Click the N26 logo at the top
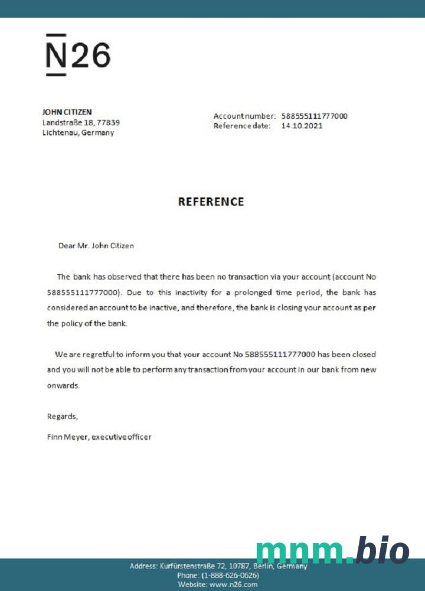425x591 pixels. [78, 55]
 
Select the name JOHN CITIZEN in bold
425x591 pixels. [67, 112]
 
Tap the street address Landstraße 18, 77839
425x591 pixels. [81, 122]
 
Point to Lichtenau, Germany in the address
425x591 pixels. [79, 132]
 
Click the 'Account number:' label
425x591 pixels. [244, 116]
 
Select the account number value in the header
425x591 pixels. [314, 116]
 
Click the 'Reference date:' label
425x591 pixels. [242, 125]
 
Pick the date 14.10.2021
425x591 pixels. [302, 125]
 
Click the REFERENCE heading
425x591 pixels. [211, 202]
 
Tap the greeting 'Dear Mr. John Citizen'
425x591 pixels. [96, 245]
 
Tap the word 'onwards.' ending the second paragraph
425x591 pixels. [63, 385]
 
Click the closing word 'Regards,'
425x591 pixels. [62, 416]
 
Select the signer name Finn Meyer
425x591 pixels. [67, 437]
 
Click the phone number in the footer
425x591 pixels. [230, 575]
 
